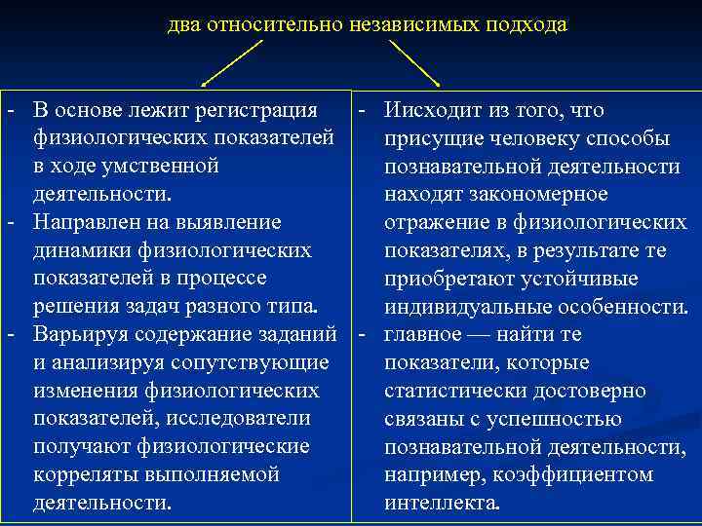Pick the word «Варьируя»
coord(80,334)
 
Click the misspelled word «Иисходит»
coord(432,110)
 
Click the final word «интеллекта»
coord(441,503)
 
